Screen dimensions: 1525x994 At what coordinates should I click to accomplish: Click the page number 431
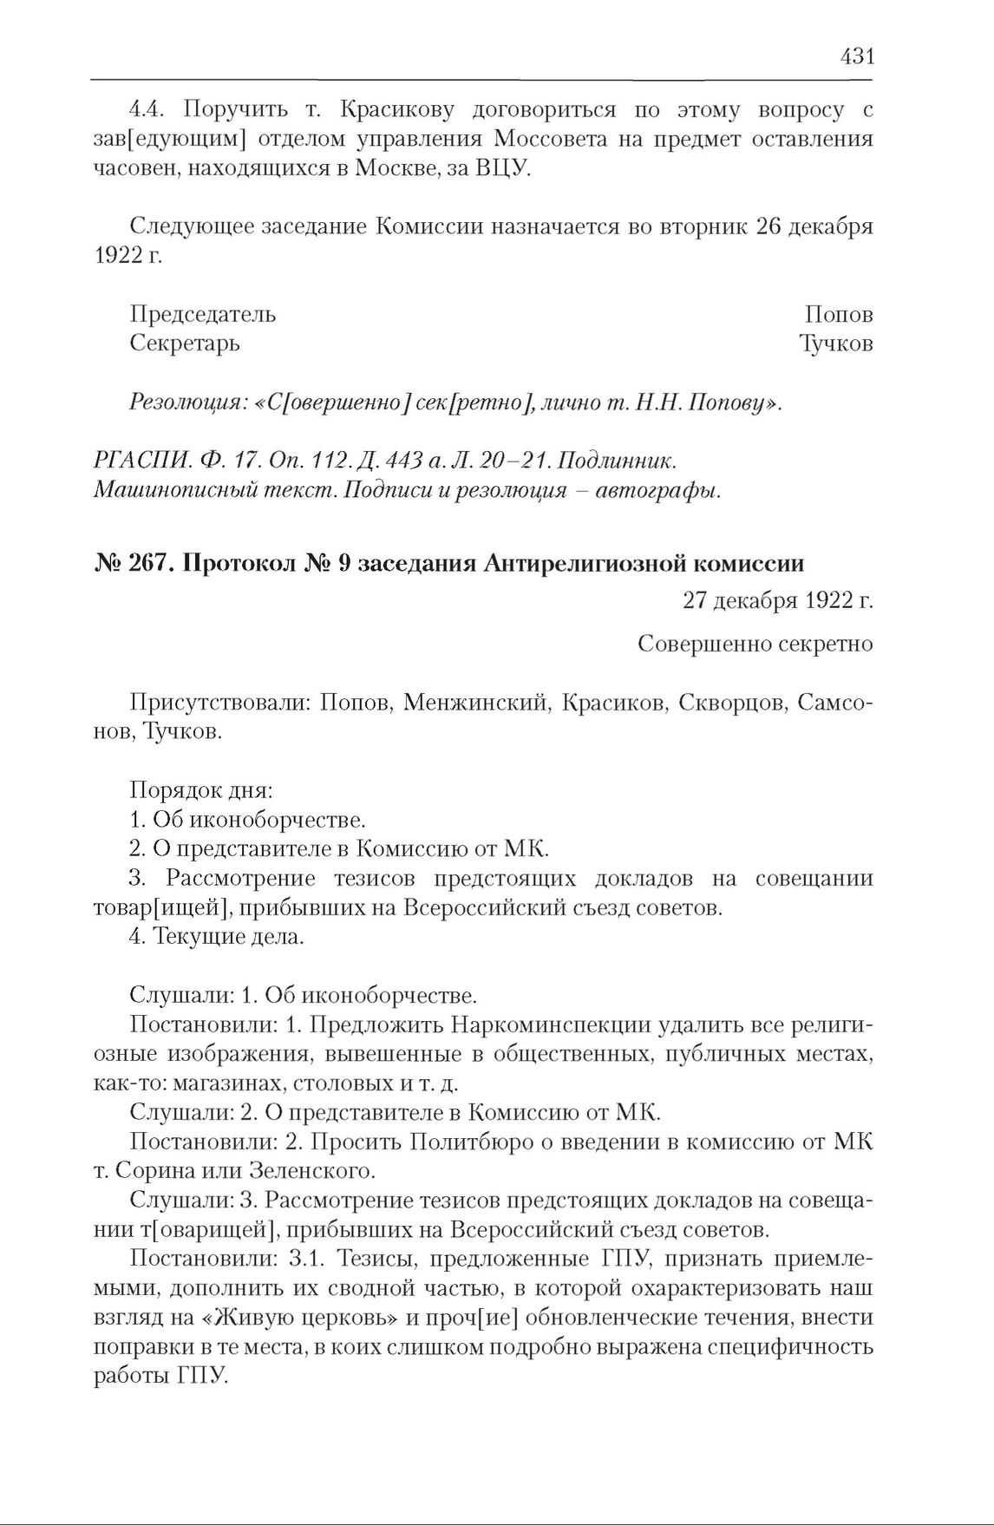pos(857,57)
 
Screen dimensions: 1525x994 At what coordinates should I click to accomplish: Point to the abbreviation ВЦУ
pos(501,167)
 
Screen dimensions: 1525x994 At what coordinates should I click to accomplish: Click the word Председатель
pos(203,314)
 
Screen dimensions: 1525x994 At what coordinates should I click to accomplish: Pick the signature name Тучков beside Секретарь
pos(836,344)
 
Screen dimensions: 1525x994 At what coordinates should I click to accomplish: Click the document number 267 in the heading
pos(148,564)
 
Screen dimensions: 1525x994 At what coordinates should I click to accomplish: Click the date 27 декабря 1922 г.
pos(777,601)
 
